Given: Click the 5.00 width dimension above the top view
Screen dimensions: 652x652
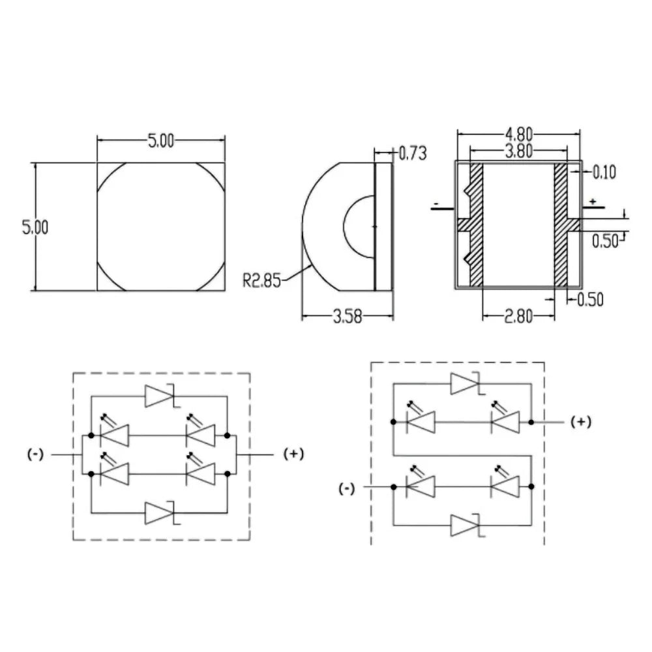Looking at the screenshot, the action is pyautogui.click(x=161, y=141).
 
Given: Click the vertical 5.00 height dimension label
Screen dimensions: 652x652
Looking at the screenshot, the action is pyautogui.click(x=35, y=227).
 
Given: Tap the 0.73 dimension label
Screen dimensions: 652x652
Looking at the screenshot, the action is pyautogui.click(x=413, y=153).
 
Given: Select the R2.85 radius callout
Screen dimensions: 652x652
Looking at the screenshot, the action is pyautogui.click(x=262, y=280).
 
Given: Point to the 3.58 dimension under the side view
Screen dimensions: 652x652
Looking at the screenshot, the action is pyautogui.click(x=348, y=317).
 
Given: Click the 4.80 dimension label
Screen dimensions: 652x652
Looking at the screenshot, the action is pyautogui.click(x=518, y=134).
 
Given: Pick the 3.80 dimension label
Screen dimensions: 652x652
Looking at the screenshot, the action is pyautogui.click(x=518, y=151).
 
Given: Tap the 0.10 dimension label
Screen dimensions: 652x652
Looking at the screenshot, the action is pyautogui.click(x=604, y=172).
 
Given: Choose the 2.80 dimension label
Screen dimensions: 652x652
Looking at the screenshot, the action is pyautogui.click(x=518, y=317).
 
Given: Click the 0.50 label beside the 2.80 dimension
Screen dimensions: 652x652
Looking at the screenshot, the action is pyautogui.click(x=591, y=299).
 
